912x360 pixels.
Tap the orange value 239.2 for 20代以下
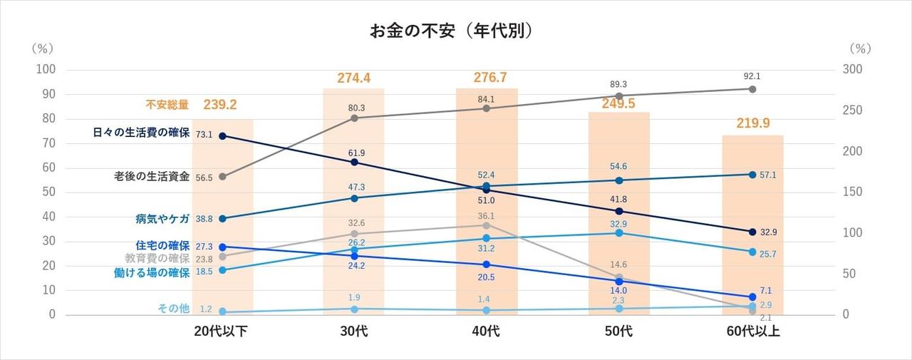pyautogui.click(x=220, y=105)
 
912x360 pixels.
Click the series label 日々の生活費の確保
pyautogui.click(x=141, y=133)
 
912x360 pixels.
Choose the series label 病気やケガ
pyautogui.click(x=162, y=218)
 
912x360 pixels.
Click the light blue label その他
pyautogui.click(x=173, y=309)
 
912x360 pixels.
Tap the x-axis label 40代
pyautogui.click(x=487, y=331)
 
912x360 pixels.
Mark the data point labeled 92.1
pyautogui.click(x=752, y=89)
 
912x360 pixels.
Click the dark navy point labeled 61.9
pyautogui.click(x=354, y=163)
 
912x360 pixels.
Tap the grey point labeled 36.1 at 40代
pyautogui.click(x=487, y=225)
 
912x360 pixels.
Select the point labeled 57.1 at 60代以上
pyautogui.click(x=752, y=175)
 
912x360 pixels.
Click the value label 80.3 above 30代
pyautogui.click(x=354, y=108)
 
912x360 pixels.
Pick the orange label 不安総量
pyautogui.click(x=167, y=105)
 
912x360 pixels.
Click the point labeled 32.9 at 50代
pyautogui.click(x=619, y=233)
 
